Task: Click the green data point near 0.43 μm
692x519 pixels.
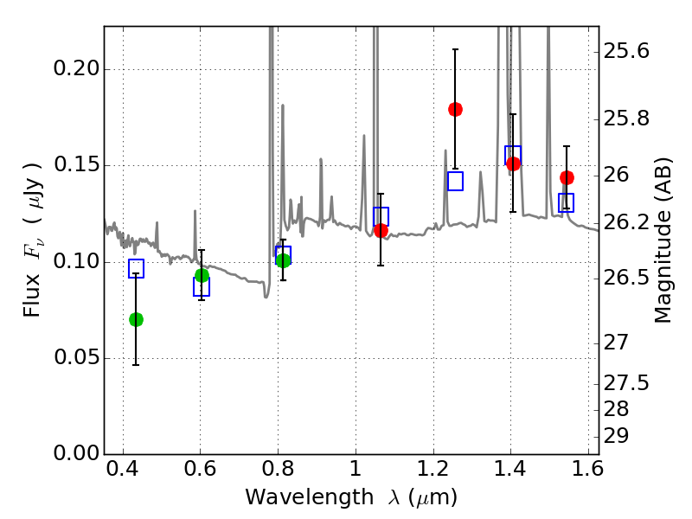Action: pyautogui.click(x=136, y=319)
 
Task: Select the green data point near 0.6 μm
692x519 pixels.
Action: pyautogui.click(x=202, y=275)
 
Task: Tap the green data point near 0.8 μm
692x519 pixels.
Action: pyautogui.click(x=283, y=260)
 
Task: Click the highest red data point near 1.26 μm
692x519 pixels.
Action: pyautogui.click(x=455, y=109)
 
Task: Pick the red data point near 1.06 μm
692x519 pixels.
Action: pyautogui.click(x=381, y=230)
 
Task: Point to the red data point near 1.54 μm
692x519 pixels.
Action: pyautogui.click(x=567, y=177)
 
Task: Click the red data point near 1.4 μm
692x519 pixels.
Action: pyautogui.click(x=513, y=163)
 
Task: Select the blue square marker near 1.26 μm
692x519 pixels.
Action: pyautogui.click(x=455, y=181)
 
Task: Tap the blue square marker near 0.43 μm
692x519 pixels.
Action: pyautogui.click(x=136, y=268)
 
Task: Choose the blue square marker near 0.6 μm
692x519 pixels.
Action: pyautogui.click(x=202, y=287)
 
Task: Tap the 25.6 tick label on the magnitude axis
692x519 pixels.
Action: pyautogui.click(x=627, y=51)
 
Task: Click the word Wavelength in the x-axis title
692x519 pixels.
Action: pyautogui.click(x=294, y=497)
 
